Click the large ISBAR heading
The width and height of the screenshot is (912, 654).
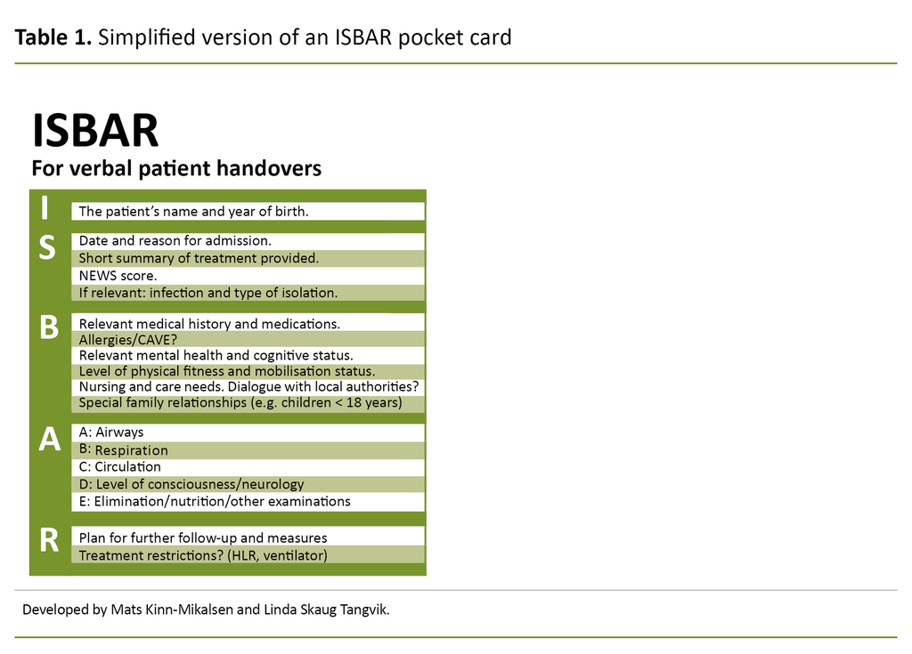(x=95, y=131)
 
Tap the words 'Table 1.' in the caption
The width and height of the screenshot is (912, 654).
(x=53, y=37)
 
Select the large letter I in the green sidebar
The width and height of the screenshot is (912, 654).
(x=45, y=208)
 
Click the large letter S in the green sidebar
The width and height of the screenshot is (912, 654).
(x=47, y=249)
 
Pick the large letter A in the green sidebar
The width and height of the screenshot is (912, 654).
(x=49, y=440)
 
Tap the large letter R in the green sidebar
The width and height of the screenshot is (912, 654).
(x=50, y=538)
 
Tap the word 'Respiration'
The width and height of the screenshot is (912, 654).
(x=131, y=450)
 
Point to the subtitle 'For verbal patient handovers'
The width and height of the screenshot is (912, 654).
(x=176, y=168)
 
